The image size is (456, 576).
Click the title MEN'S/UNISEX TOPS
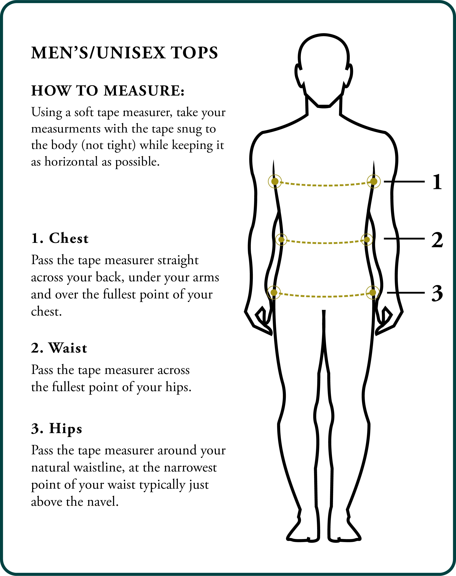124,53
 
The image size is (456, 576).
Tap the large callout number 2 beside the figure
437,239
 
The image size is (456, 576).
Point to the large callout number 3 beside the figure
437,293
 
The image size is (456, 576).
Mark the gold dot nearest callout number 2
367,240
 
